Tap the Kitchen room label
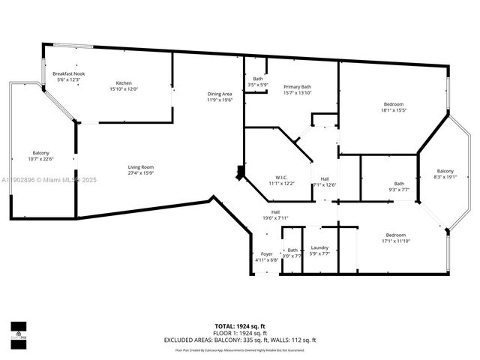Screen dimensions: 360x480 click(124, 82)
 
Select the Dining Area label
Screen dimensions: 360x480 click(220, 94)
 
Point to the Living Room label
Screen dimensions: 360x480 click(140, 167)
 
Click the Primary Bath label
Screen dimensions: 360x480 click(297, 86)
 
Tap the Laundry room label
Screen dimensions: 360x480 click(319, 247)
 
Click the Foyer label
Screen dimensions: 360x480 click(267, 254)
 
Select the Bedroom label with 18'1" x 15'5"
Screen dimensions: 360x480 click(394, 103)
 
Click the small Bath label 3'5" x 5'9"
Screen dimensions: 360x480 click(258, 79)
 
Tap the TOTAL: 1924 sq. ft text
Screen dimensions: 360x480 click(240, 325)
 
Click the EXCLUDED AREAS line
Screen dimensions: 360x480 click(240, 340)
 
